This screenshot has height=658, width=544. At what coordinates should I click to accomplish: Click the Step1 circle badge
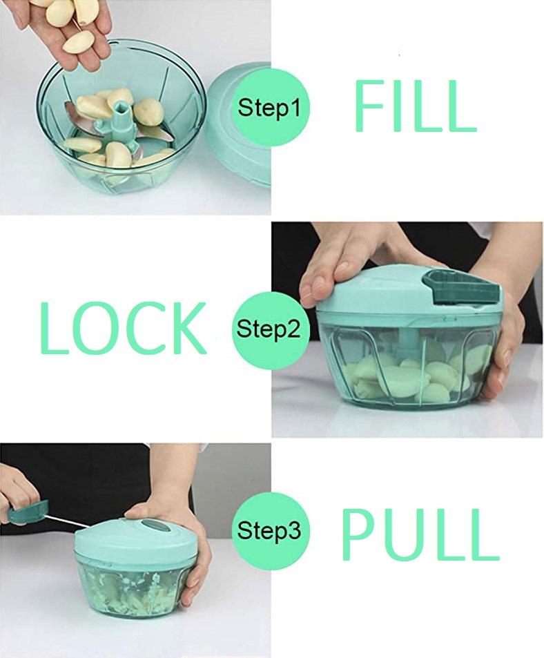tap(270, 108)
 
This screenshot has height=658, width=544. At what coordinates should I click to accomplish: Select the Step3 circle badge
tap(269, 531)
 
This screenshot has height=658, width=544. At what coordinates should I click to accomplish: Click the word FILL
tap(414, 106)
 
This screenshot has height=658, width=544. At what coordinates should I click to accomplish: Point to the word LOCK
tap(123, 329)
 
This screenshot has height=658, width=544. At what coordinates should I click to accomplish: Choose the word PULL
tap(420, 535)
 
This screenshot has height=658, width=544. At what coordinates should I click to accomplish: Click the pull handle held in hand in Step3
tap(28, 512)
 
